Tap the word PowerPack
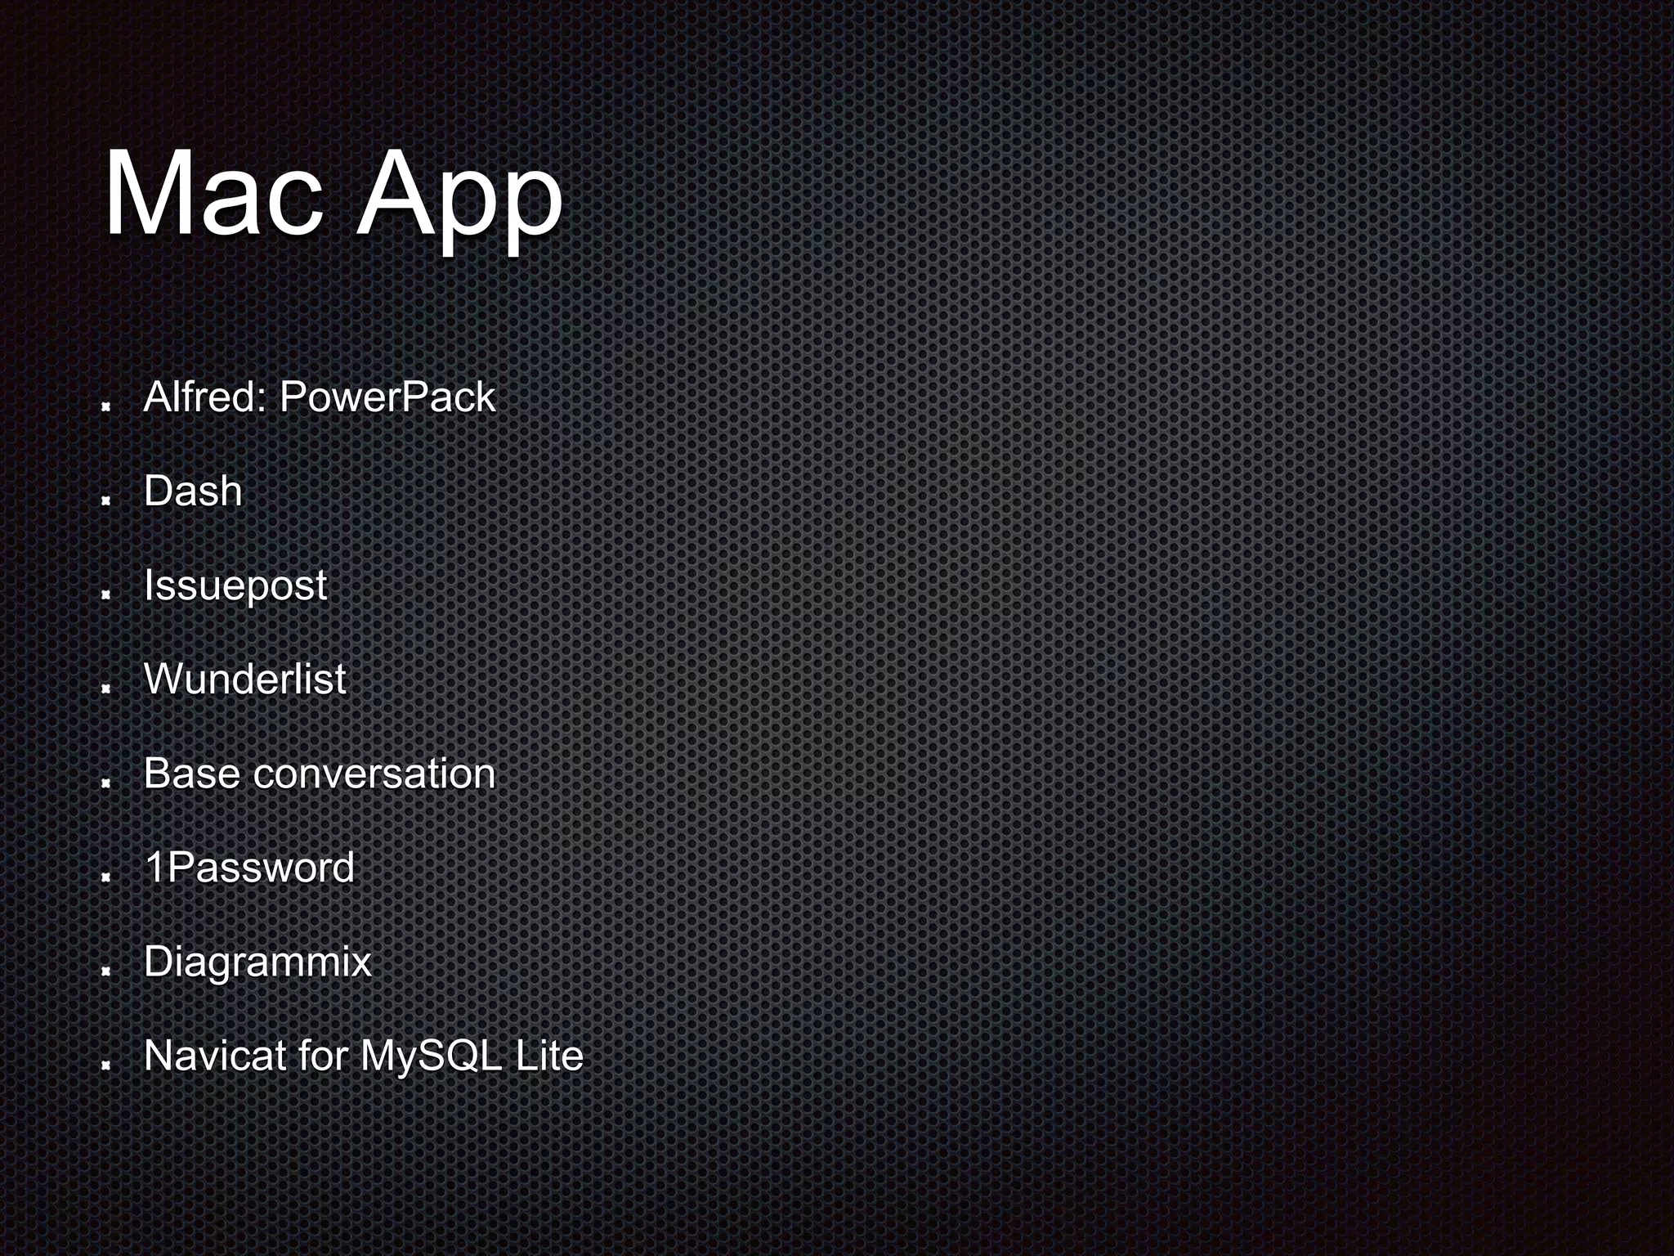tap(387, 397)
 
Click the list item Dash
tap(193, 491)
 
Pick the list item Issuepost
tap(235, 585)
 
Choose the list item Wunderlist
tap(245, 680)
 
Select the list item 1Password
tap(249, 868)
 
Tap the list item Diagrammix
tap(257, 962)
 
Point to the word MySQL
tap(431, 1056)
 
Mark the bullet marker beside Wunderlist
tap(105, 689)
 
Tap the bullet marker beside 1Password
tap(105, 877)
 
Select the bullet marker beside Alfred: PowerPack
tap(105, 406)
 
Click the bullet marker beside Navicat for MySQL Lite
tap(105, 1065)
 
